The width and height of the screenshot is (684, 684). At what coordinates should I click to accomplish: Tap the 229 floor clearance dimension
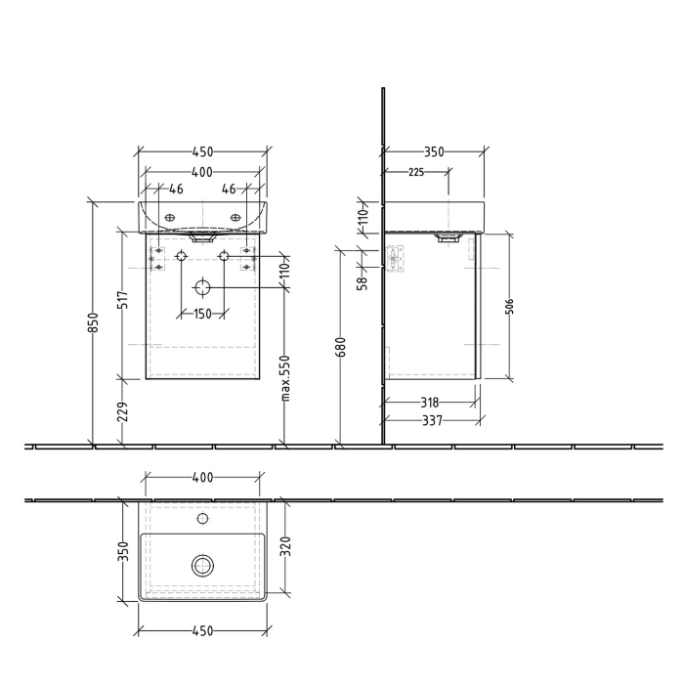pyautogui.click(x=123, y=411)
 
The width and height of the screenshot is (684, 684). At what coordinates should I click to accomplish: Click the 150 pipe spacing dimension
pyautogui.click(x=202, y=314)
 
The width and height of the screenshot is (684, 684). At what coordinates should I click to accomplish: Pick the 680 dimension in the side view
pyautogui.click(x=339, y=348)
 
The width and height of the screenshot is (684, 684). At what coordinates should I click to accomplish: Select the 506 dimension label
pyautogui.click(x=509, y=306)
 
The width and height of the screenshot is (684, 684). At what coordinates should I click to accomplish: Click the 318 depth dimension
pyautogui.click(x=430, y=401)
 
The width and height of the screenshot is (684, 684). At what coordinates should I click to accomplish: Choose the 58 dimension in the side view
pyautogui.click(x=362, y=282)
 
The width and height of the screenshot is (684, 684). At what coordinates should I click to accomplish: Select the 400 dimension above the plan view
pyautogui.click(x=201, y=478)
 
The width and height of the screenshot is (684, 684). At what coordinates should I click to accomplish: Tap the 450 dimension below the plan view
pyautogui.click(x=201, y=631)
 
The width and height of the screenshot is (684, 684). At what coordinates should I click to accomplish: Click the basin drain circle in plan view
pyautogui.click(x=202, y=564)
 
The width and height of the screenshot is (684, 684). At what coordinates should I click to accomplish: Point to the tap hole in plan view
pyautogui.click(x=202, y=518)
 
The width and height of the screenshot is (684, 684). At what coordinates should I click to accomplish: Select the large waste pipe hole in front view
pyautogui.click(x=202, y=287)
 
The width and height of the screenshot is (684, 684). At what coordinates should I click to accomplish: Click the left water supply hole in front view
pyautogui.click(x=181, y=256)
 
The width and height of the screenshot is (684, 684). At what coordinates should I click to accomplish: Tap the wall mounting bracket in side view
pyautogui.click(x=394, y=258)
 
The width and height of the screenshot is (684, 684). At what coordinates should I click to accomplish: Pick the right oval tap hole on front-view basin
pyautogui.click(x=235, y=216)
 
